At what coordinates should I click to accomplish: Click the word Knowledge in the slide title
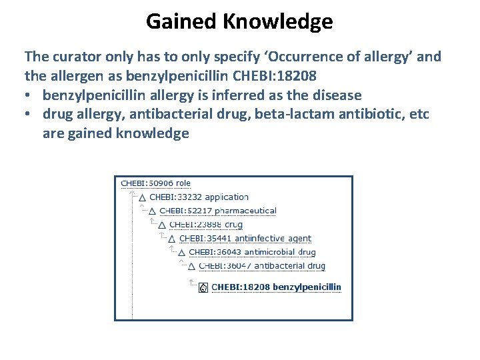click(278, 22)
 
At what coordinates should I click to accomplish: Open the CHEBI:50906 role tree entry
click(155, 183)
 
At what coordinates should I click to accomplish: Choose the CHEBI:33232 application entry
click(199, 197)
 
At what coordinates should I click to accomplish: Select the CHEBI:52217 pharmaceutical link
click(217, 211)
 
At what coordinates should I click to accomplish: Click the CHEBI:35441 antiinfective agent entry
click(245, 239)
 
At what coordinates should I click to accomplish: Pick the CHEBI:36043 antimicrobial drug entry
click(252, 252)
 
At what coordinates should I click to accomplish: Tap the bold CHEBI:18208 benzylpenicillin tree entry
click(276, 287)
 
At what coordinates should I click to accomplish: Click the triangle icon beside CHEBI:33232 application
click(142, 198)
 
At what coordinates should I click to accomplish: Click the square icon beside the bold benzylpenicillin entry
click(203, 288)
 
